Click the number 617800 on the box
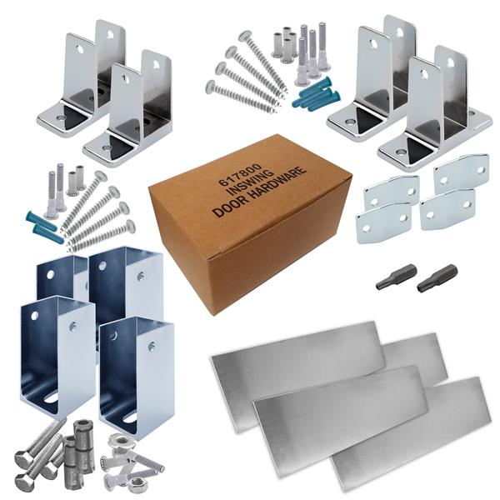(240, 175)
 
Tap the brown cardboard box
(248, 223)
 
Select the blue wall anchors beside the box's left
(42, 226)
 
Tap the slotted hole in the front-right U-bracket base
(130, 417)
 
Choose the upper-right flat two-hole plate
(461, 174)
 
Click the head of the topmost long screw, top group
(245, 37)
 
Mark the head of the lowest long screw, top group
(211, 87)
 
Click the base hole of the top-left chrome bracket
(60, 118)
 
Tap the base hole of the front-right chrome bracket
(399, 151)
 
